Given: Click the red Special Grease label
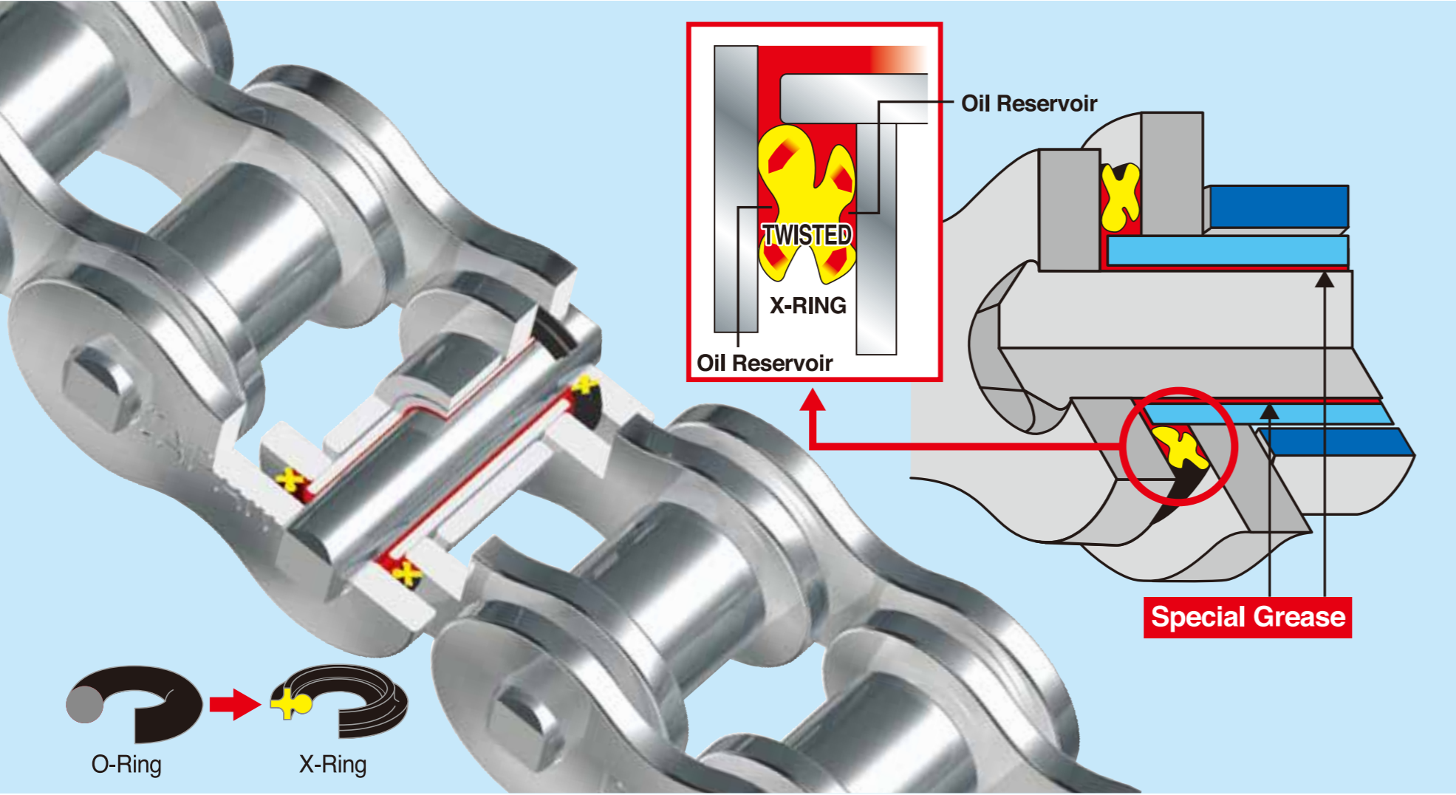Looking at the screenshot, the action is pyautogui.click(x=1247, y=617).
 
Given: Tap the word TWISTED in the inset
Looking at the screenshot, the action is pyautogui.click(x=807, y=235).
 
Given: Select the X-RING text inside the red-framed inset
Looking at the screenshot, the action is pyautogui.click(x=807, y=305).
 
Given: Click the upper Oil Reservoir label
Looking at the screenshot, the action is pyautogui.click(x=1028, y=103).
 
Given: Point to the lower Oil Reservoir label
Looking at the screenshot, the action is pyautogui.click(x=765, y=363).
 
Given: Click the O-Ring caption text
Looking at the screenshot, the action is pyautogui.click(x=126, y=765).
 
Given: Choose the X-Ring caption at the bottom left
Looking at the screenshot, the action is pyautogui.click(x=332, y=765).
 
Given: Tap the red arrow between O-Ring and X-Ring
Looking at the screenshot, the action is pyautogui.click(x=235, y=704).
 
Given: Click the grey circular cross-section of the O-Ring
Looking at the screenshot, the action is pyautogui.click(x=85, y=704).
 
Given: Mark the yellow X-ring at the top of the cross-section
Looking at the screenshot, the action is pyautogui.click(x=1120, y=197).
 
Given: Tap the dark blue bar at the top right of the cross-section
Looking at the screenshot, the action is pyautogui.click(x=1278, y=207).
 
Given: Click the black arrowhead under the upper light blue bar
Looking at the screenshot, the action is pyautogui.click(x=1325, y=279).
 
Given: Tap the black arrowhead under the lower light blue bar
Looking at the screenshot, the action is pyautogui.click(x=1269, y=410).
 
